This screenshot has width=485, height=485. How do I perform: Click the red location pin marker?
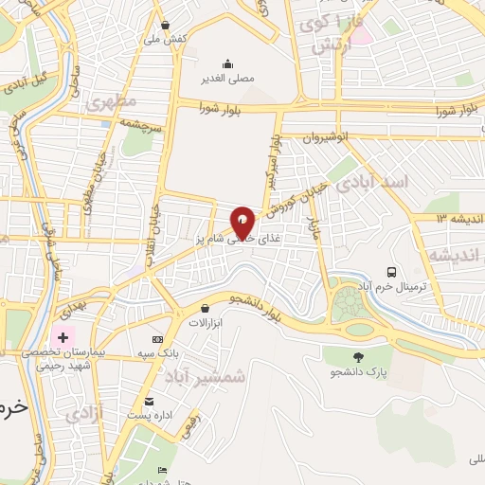(x=242, y=222)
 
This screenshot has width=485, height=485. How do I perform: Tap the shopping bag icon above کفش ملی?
(x=167, y=26)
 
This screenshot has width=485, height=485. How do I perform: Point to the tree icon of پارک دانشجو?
(x=358, y=356)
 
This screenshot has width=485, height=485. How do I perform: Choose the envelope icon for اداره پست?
(x=149, y=402)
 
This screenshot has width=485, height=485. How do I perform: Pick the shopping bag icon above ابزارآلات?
(x=205, y=308)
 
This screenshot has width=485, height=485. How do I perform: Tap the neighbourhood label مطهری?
(x=112, y=100)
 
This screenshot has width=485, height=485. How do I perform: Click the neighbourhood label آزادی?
(x=84, y=413)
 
